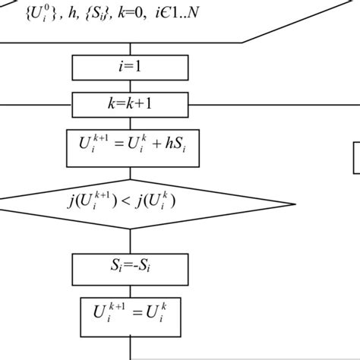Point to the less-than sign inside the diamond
(119, 201)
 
